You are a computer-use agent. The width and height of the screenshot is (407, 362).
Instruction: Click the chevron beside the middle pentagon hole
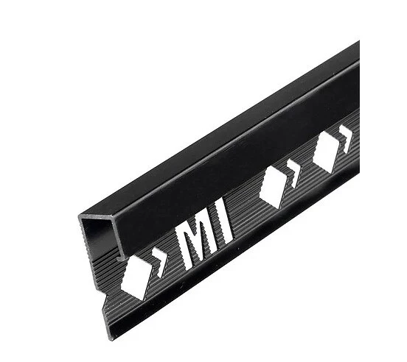[x=293, y=173]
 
